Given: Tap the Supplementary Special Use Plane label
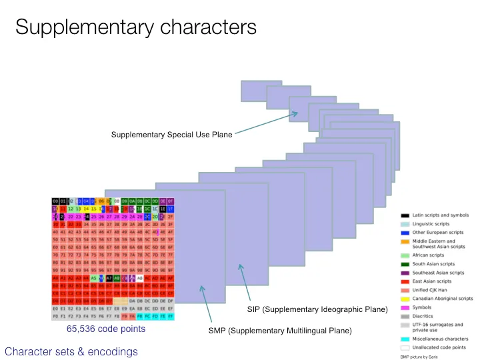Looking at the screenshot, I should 172,135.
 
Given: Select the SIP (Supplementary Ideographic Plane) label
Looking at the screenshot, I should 312,309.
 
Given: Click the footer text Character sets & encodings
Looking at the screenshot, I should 71,351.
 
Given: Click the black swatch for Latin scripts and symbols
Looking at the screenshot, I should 405,215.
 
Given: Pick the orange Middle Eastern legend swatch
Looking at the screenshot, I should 405,241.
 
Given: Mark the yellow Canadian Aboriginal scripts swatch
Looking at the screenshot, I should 405,299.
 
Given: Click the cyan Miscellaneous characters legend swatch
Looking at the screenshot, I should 405,340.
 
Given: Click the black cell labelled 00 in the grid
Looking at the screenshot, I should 56,201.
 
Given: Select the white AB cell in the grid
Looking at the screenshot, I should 140,277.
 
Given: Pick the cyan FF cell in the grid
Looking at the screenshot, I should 170,317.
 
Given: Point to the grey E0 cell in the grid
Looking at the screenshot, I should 56,309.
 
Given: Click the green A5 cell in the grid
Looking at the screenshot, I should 94,277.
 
